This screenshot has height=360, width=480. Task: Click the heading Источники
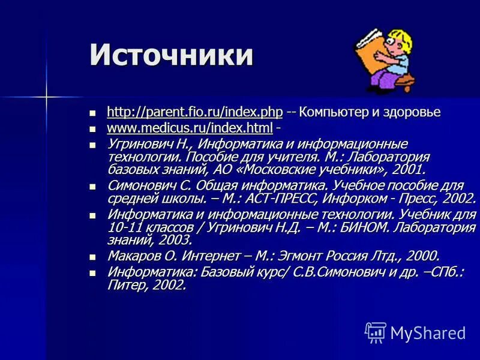click(172, 55)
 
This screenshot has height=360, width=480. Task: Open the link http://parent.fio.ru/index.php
click(194, 112)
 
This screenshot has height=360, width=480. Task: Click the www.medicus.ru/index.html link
click(190, 128)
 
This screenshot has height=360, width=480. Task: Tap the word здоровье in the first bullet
click(411, 112)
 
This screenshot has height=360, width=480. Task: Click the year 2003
click(175, 241)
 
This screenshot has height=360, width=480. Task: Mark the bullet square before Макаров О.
click(92, 256)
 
